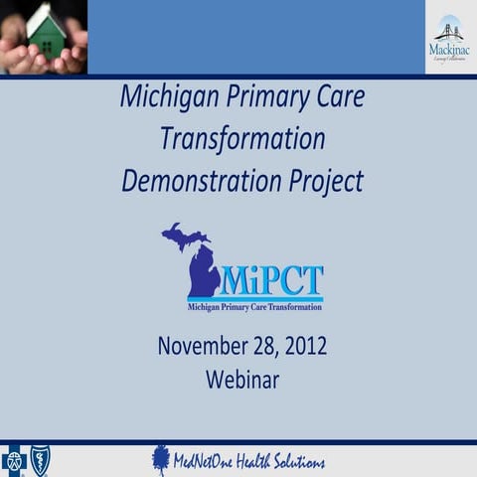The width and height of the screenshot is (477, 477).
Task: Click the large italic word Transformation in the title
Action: coord(241,139)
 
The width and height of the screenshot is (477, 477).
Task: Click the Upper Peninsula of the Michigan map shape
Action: coord(185,237)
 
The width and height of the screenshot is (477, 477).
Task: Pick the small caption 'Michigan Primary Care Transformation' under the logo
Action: coord(254,307)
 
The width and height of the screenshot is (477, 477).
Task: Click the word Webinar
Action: coord(242,379)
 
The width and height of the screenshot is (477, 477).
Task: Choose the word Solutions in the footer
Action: coord(300,462)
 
